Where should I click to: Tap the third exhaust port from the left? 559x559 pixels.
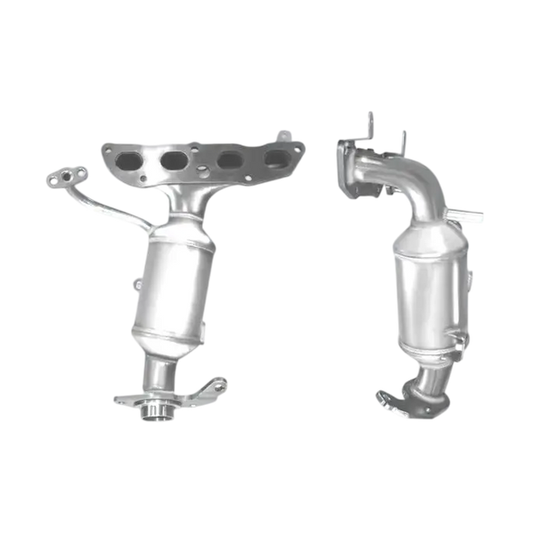coord(216,162)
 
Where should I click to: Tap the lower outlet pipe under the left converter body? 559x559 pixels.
coord(160,370)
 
